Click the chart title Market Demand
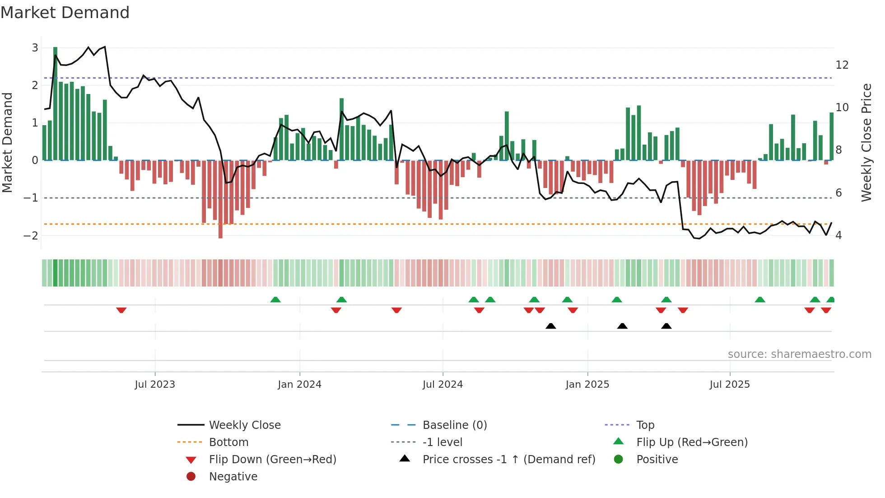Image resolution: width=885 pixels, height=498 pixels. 65,13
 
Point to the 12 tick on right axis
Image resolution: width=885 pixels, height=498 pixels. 842,65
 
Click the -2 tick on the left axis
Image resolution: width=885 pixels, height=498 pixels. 31,235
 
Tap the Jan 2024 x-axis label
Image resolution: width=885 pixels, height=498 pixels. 299,385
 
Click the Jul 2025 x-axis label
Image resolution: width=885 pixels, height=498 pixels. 729,385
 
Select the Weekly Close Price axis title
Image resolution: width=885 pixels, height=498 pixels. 866,142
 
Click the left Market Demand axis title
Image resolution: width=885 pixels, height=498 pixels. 8,142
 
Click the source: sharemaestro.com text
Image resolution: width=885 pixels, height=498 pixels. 799,354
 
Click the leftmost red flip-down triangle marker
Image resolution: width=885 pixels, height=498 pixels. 121,310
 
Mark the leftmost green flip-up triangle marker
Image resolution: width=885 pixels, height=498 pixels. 275,300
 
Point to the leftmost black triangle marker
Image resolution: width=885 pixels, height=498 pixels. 550,326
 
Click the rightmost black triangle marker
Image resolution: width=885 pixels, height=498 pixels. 666,326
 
